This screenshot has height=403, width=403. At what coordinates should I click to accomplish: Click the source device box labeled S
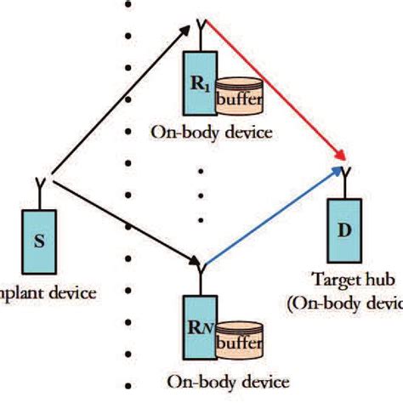coord(40,237)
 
